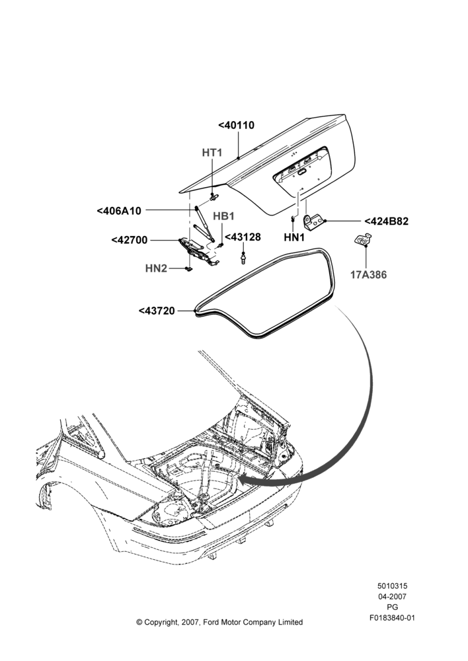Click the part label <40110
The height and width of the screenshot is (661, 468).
coord(236,125)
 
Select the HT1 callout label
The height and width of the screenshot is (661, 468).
coord(212,152)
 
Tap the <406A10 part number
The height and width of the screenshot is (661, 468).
coord(119,210)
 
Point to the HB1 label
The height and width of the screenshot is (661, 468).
coord(223,216)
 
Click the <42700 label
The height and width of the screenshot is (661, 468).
coord(130,240)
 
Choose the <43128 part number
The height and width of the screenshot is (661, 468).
coord(243,237)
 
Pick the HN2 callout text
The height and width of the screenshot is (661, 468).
coord(156,268)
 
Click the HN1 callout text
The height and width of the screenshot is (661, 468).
coord(294,238)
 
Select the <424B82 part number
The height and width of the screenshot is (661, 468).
coord(386,221)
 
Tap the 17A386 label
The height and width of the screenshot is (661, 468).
coord(368,275)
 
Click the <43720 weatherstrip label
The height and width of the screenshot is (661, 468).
coord(157,311)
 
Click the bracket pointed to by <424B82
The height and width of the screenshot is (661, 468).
coord(314,221)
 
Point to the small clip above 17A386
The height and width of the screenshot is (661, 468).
coord(362,239)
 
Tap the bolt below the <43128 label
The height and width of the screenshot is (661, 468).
coord(243,258)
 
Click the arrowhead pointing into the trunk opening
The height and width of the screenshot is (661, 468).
coord(249,479)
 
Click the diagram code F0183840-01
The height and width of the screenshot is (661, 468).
coord(392,618)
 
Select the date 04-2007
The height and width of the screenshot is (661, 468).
coord(392,596)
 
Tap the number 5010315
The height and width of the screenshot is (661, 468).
coord(392,586)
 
